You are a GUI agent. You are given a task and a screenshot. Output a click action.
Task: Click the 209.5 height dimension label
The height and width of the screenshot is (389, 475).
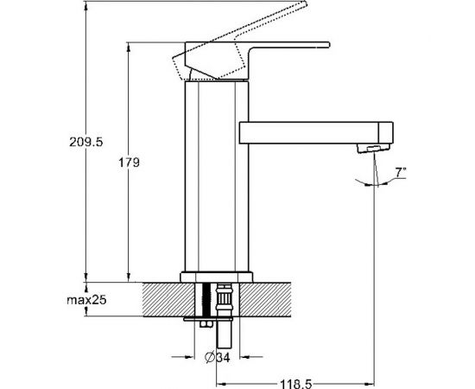86,142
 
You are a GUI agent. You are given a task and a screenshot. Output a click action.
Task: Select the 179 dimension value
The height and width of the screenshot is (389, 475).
129,163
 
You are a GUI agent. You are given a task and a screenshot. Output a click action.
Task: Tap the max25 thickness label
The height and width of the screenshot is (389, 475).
86,300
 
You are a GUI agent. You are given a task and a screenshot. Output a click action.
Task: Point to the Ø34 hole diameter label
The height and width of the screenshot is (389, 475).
217,357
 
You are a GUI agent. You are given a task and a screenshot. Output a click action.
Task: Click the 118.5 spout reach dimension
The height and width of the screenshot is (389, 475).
295,384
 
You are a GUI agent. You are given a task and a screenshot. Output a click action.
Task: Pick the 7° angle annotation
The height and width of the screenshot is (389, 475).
401,173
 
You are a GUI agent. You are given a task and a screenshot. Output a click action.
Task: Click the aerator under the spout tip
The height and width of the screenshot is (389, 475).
373,149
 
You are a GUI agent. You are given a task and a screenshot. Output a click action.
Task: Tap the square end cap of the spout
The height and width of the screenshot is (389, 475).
386,133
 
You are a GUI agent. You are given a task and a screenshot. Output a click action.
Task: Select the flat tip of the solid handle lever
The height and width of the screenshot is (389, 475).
328,45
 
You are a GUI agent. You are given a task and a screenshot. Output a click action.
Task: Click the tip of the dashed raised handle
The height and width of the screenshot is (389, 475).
306,3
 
